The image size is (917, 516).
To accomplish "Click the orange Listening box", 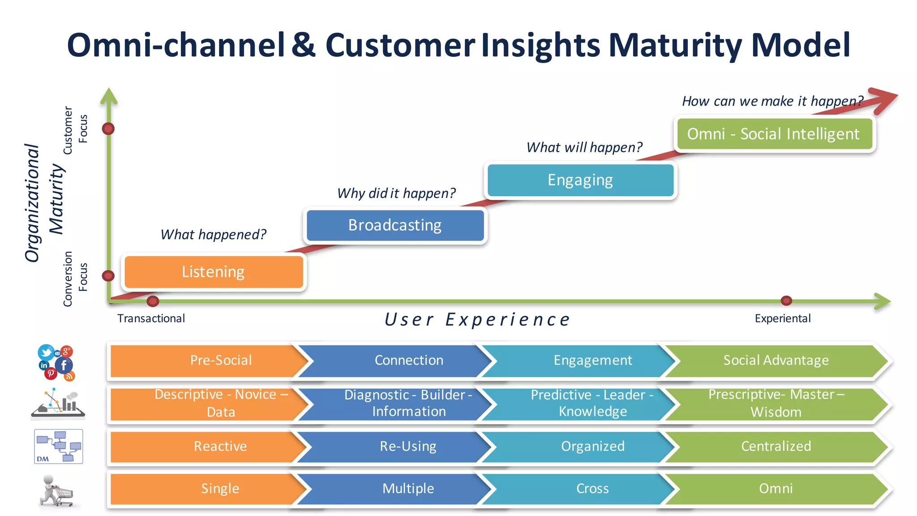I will [x=214, y=272].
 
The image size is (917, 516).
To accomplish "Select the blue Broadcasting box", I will [x=395, y=225].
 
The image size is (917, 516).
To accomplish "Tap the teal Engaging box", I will [x=580, y=180].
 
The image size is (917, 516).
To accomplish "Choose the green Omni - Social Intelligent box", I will [x=774, y=134].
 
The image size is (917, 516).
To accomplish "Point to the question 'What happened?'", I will [x=213, y=234].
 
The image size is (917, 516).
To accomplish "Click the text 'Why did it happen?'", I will [x=396, y=193].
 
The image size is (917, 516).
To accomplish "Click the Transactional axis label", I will [x=151, y=318].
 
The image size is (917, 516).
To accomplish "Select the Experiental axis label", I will [x=782, y=318].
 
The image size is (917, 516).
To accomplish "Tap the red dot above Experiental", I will [x=786, y=301].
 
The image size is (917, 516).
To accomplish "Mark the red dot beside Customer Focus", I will [x=108, y=129].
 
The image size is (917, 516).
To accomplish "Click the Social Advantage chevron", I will [x=776, y=361].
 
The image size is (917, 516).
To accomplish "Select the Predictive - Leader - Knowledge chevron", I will [x=592, y=403].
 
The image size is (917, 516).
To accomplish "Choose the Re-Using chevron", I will [x=407, y=446].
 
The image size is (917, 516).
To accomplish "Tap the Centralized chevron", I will [x=776, y=446].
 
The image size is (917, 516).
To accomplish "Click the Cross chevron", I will [x=592, y=488].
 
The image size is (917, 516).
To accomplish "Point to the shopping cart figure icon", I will [x=56, y=490].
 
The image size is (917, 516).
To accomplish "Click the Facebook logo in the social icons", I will [x=64, y=365].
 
